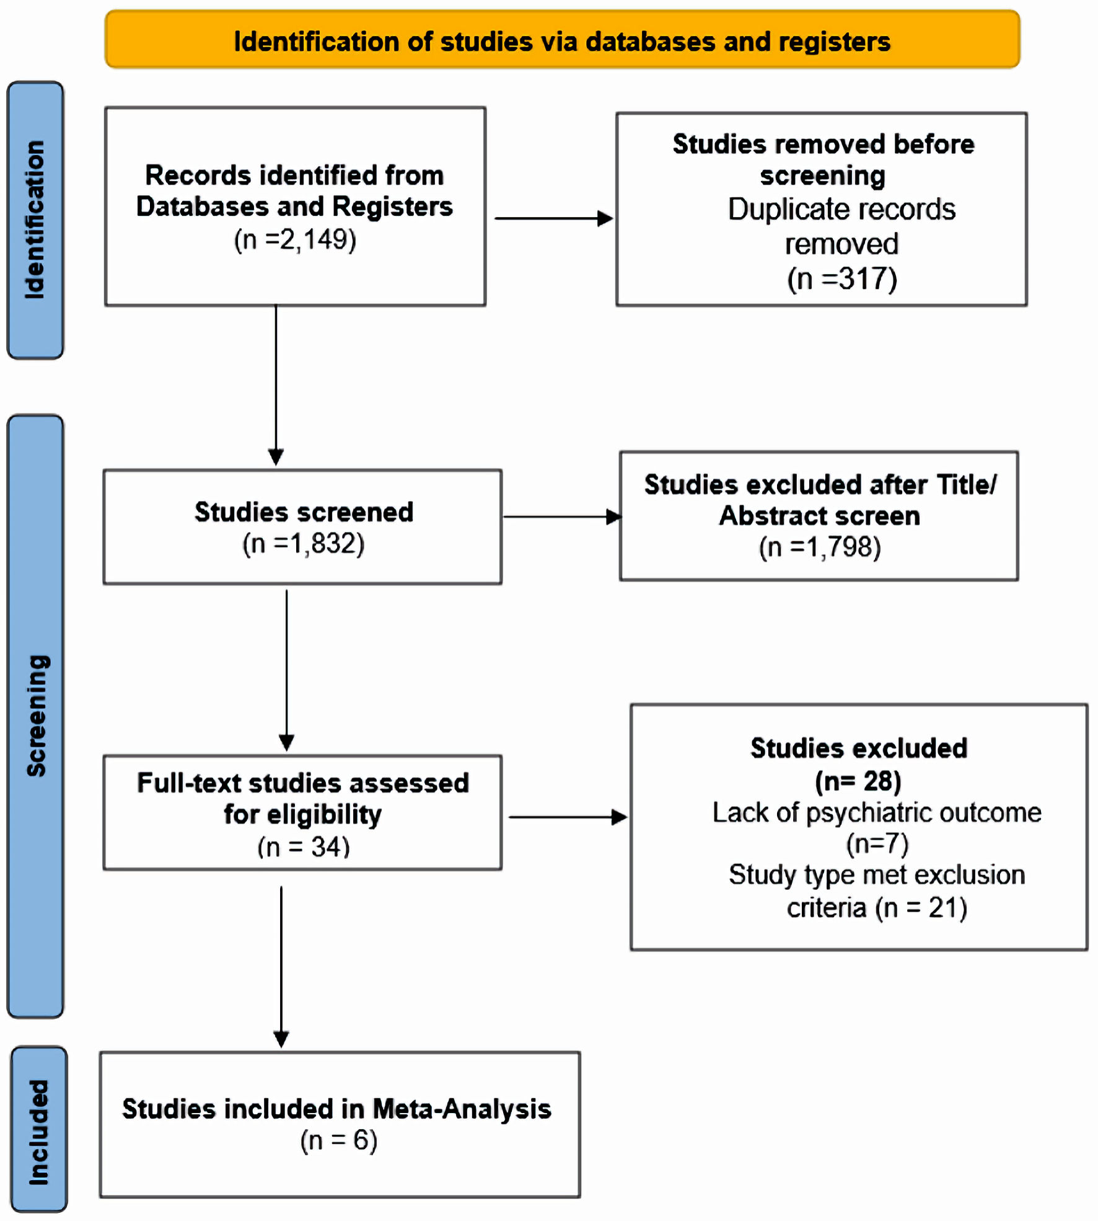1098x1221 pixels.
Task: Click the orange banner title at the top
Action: tap(562, 41)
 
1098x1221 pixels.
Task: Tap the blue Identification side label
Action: tap(35, 220)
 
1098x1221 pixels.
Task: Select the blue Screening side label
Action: tap(35, 716)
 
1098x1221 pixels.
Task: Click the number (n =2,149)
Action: tap(295, 239)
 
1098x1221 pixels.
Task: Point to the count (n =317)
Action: tap(842, 278)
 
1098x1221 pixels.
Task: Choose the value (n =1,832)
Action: tap(303, 544)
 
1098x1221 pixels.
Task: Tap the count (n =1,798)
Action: tap(820, 548)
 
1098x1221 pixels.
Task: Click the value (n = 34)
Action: tap(304, 846)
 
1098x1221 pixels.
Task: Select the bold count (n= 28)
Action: tap(858, 781)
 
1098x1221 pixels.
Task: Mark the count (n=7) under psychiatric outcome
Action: tap(877, 843)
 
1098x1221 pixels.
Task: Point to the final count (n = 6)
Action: tap(339, 1140)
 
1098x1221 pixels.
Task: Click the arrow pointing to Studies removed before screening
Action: tap(553, 218)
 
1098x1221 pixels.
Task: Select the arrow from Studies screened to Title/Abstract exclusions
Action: tap(562, 517)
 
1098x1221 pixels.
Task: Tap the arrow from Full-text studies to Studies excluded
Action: tap(568, 817)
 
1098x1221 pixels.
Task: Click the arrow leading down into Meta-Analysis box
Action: tap(281, 967)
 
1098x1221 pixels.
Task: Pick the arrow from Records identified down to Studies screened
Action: tap(276, 385)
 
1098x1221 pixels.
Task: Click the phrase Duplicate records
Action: tap(841, 209)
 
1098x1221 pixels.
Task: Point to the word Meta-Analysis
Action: tap(462, 1109)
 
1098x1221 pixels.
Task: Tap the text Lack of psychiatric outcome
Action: tap(877, 812)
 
